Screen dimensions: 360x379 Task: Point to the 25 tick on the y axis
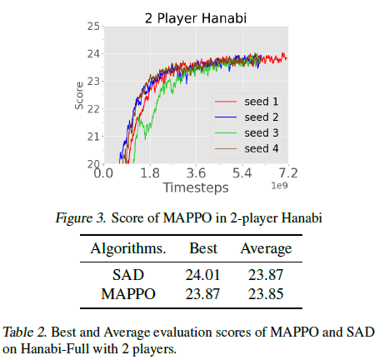pos(92,27)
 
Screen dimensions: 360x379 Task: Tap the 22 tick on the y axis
pos(92,108)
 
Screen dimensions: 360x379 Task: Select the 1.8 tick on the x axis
pos(149,175)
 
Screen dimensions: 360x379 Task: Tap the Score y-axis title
pos(79,95)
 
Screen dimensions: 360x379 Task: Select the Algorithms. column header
pos(128,248)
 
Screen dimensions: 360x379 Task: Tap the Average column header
pos(266,248)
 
